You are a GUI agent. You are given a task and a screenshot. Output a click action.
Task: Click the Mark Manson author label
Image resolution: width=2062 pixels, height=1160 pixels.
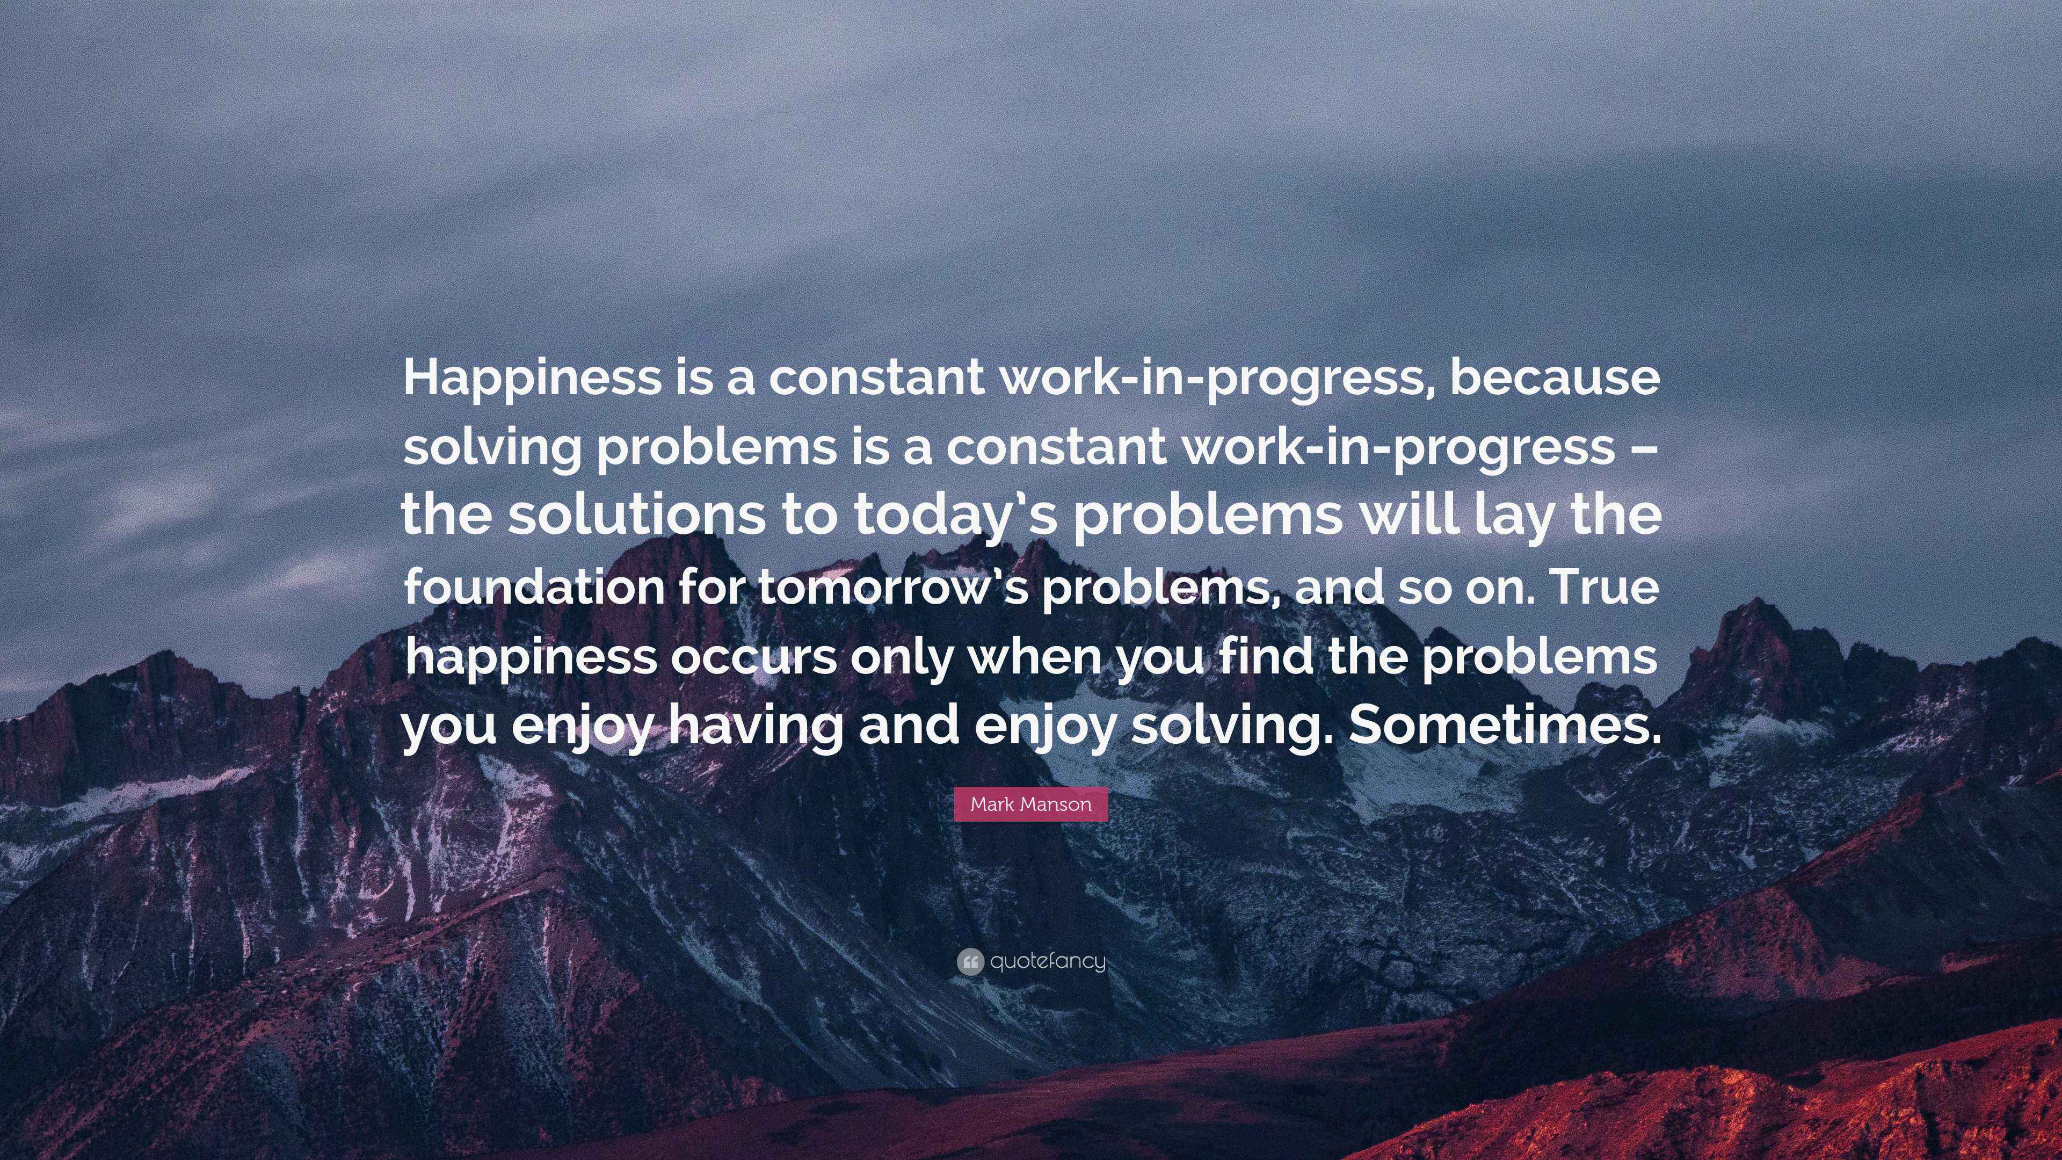1030,804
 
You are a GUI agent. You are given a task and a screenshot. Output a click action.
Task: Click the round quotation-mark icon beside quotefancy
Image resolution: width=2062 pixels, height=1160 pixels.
969,961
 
